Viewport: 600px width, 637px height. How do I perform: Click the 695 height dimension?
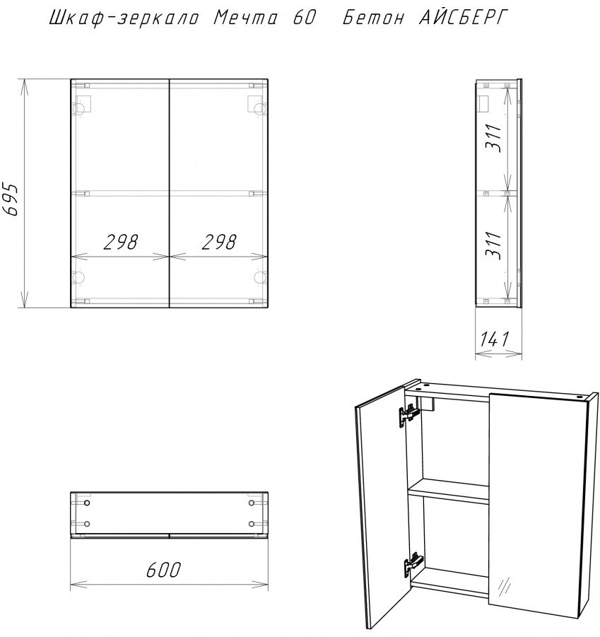pos(10,199)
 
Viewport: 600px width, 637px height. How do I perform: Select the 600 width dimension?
pos(163,570)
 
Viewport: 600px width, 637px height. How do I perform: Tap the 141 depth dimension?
pos(495,339)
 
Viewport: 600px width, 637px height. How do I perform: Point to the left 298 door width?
pos(121,242)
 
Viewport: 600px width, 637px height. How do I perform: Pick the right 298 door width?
pos(219,242)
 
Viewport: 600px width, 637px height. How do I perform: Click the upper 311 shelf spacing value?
pos(495,139)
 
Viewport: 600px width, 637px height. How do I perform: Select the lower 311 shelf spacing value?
pos(495,245)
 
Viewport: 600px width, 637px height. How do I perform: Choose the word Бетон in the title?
pos(373,18)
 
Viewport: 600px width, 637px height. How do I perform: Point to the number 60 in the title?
pos(304,18)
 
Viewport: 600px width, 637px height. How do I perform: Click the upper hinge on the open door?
pos(408,415)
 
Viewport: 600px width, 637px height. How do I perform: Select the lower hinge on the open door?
pos(413,564)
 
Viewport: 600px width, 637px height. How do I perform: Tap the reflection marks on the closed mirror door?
pos(505,586)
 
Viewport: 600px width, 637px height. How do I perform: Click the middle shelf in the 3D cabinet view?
pos(449,491)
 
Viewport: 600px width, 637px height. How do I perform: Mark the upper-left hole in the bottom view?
pos(86,503)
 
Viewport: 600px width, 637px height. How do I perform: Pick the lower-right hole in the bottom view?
pos(252,524)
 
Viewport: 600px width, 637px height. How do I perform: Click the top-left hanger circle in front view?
pos(78,107)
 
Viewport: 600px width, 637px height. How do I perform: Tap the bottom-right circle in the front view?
pos(260,277)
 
